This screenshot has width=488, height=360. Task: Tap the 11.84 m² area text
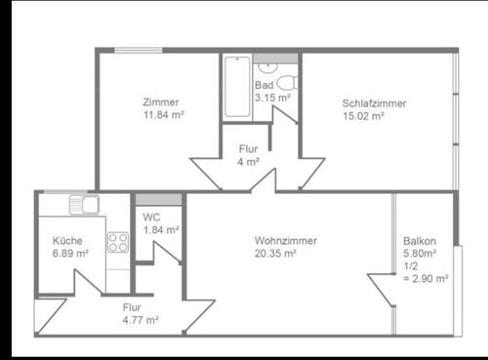(163, 113)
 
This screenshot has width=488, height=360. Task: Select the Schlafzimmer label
(374, 103)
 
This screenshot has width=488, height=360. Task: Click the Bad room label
(264, 85)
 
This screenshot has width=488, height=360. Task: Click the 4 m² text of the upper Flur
(248, 161)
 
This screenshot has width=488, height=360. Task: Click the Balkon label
(419, 242)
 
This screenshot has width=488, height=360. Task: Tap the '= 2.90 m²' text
(426, 278)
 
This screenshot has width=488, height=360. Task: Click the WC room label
(151, 218)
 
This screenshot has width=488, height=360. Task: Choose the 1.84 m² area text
(160, 230)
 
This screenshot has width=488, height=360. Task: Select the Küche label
(67, 241)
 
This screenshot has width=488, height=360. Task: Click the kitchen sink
(85, 206)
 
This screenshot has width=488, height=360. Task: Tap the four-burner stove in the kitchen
(119, 241)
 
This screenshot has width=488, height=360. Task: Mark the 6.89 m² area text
(70, 253)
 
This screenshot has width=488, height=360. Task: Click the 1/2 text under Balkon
(411, 265)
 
